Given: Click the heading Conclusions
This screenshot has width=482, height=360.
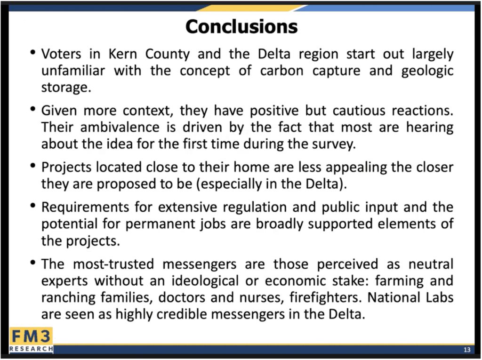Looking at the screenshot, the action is click(241, 26).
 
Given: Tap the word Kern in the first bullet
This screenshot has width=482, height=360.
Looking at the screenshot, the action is click(123, 54).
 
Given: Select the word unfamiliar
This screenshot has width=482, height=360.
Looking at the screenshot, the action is click(73, 71).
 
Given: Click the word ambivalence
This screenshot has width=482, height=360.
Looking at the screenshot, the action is click(120, 127).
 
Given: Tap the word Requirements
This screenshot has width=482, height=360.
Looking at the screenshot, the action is click(85, 208).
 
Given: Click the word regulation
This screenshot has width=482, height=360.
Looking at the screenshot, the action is click(255, 208).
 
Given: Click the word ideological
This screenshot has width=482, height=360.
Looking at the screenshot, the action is click(205, 281).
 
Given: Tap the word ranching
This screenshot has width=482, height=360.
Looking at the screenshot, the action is click(68, 298).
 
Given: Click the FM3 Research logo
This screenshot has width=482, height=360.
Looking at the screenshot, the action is click(31, 340).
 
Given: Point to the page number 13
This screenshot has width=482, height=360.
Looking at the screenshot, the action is click(467, 350).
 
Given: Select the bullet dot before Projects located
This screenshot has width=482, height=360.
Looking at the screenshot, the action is click(33, 165).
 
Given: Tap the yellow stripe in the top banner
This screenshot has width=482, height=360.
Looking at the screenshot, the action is click(252, 8).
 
